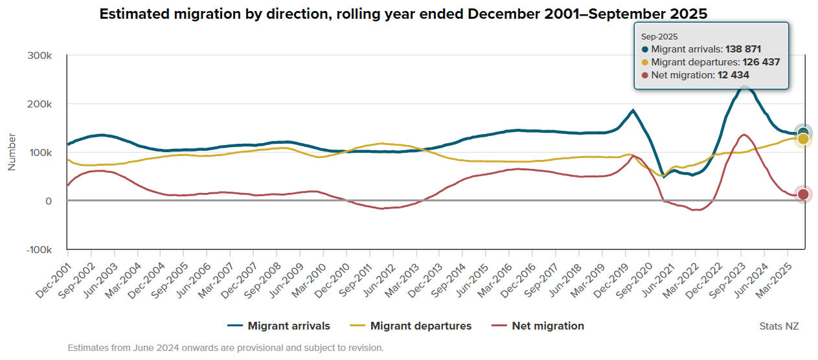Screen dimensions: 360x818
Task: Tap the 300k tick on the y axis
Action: (x=40, y=56)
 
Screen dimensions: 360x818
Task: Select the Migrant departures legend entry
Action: (x=411, y=326)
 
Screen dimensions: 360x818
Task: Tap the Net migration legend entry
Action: (x=538, y=326)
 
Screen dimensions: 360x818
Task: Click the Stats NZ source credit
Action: (x=778, y=326)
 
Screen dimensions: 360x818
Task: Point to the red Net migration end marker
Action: (x=803, y=194)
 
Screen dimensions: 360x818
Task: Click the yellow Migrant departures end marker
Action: (x=803, y=139)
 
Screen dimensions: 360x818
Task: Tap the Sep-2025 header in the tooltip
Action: (x=655, y=38)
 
